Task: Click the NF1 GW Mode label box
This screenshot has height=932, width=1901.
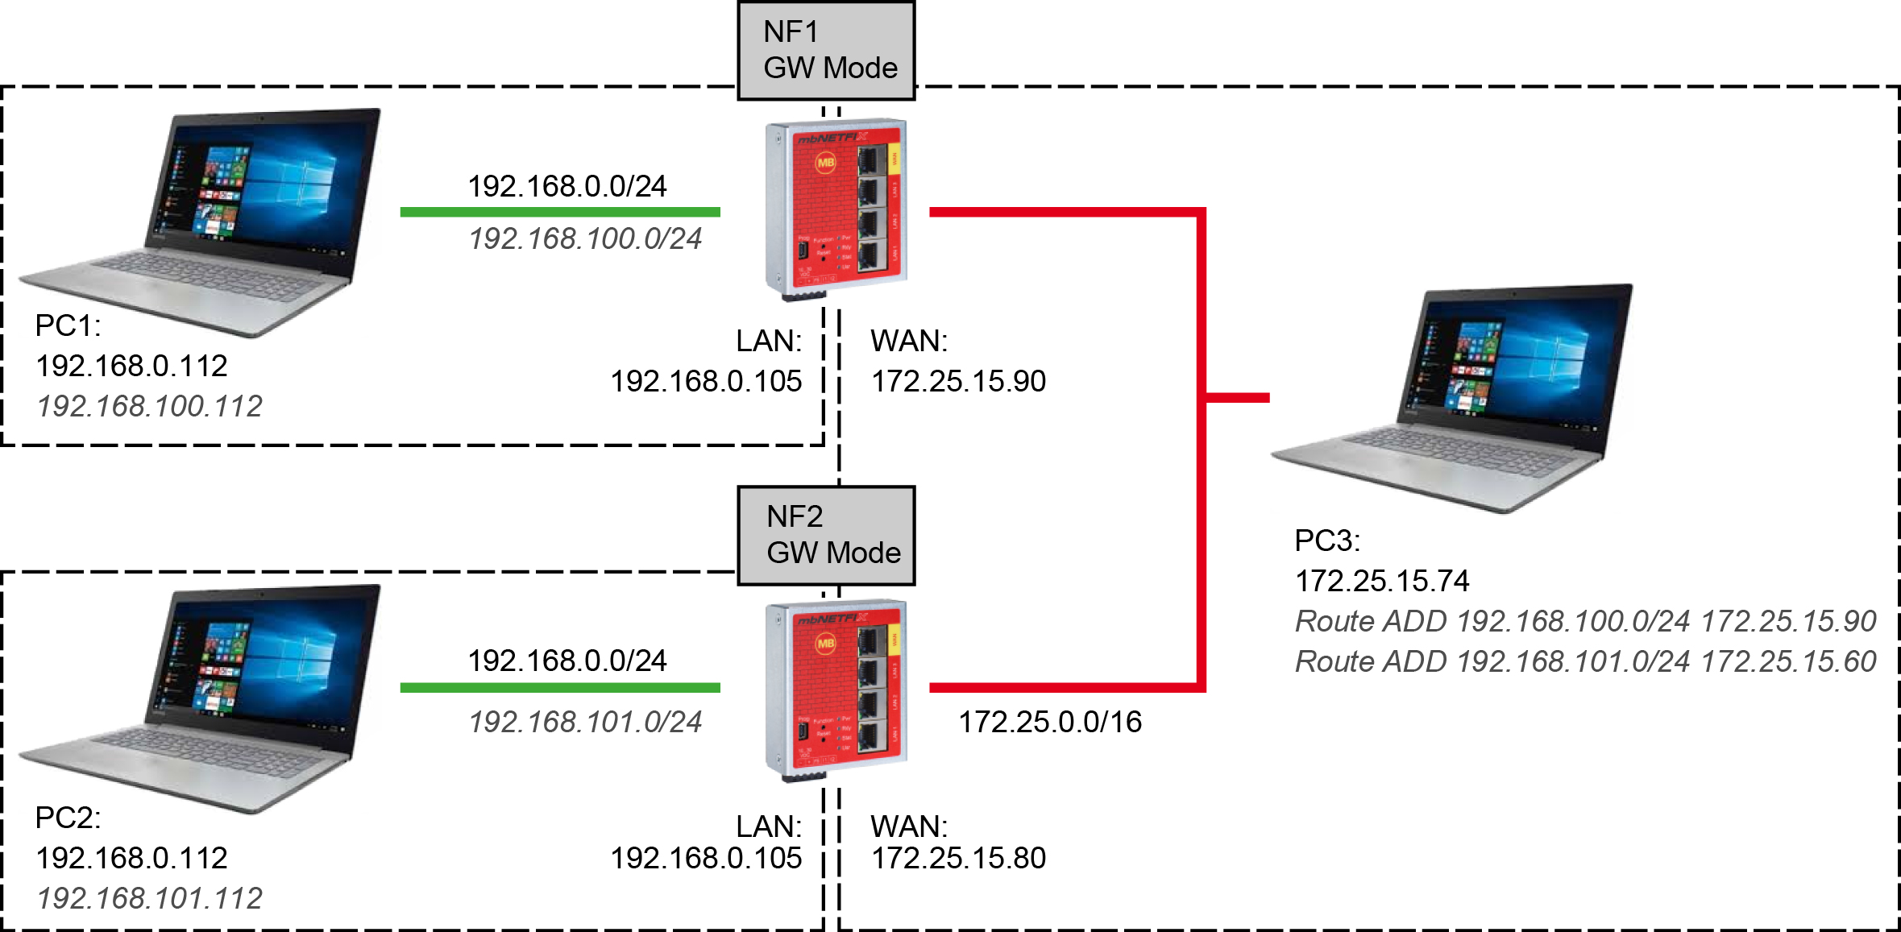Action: pos(826,50)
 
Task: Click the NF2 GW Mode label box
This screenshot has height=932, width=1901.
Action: pos(826,535)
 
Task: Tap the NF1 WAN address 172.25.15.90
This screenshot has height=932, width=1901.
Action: pos(958,381)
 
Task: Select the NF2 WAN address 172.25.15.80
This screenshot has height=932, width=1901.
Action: pos(958,858)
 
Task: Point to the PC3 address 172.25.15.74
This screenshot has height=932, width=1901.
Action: pos(1382,581)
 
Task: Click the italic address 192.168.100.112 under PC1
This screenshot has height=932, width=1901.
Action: pos(150,406)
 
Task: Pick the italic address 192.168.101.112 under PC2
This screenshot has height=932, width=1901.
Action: pos(150,898)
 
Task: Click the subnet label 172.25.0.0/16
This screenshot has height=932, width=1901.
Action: pos(1050,722)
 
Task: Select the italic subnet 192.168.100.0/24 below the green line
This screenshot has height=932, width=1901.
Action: pos(586,238)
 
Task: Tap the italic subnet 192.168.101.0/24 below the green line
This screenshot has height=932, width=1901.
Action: pos(586,722)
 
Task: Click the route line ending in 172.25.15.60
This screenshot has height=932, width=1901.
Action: pos(1586,661)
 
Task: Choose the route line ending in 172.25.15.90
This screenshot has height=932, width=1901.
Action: pos(1586,621)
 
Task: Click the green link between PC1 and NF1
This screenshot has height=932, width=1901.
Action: pos(560,212)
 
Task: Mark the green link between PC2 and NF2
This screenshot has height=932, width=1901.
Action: pos(560,687)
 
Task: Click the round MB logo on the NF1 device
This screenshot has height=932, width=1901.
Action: pos(826,163)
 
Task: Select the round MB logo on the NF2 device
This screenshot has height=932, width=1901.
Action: pos(826,644)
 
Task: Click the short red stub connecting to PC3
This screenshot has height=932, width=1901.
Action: pos(1238,397)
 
